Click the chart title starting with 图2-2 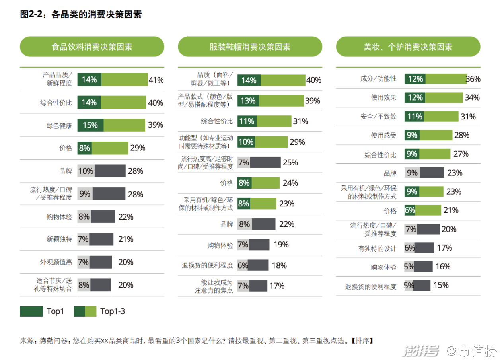click(81, 15)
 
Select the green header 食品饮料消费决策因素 click(92, 47)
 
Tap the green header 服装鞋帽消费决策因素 click(250, 47)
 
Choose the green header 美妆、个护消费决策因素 click(408, 47)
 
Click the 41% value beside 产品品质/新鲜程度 click(156, 80)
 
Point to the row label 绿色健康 click(59, 126)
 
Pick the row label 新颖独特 click(59, 239)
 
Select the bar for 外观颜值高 click(95, 262)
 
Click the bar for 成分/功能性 click(435, 79)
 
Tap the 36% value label click(473, 79)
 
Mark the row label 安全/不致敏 click(378, 117)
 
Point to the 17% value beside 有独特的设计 click(444, 248)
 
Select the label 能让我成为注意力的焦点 click(214, 286)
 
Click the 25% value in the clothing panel click(290, 162)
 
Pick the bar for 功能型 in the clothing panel click(263, 142)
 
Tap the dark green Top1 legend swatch click(31, 311)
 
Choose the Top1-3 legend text click(113, 311)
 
